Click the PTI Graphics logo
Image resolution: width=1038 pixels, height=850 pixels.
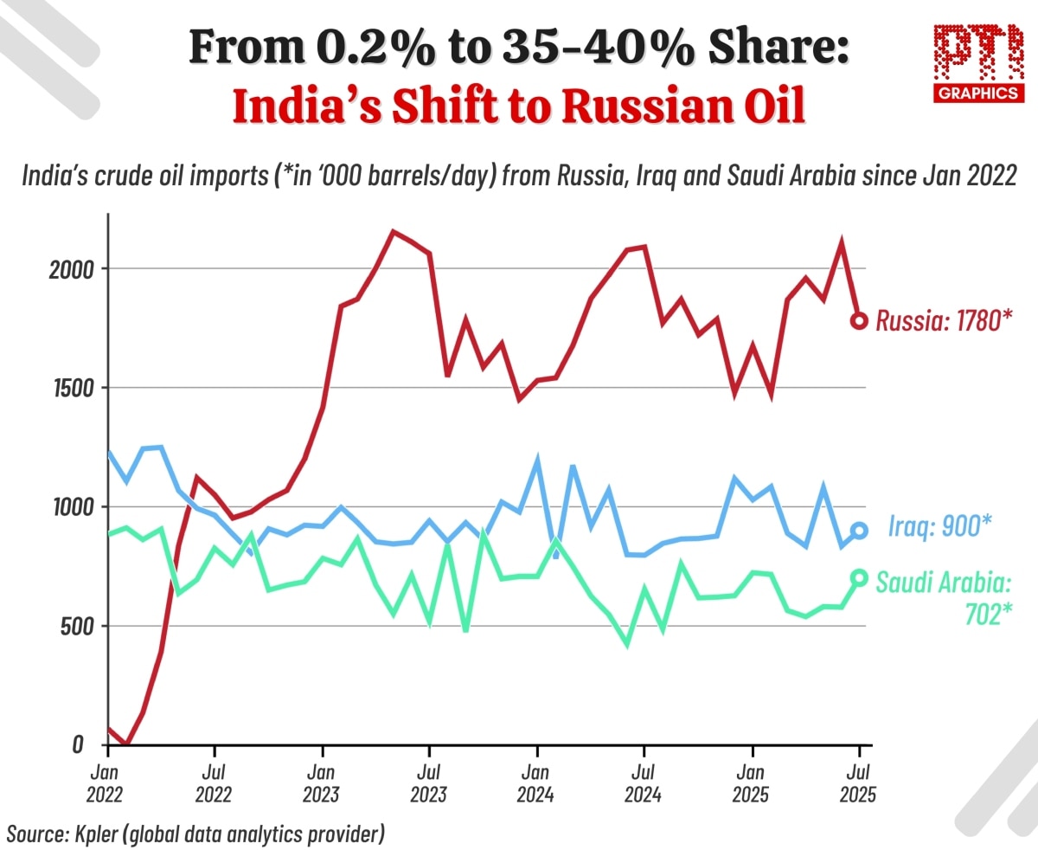pos(977,63)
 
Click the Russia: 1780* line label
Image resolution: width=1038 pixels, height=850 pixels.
pos(944,321)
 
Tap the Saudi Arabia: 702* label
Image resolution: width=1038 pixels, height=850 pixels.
pos(943,598)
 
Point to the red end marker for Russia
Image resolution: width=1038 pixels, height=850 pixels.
pos(859,320)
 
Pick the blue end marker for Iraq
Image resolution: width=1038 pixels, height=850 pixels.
pos(859,531)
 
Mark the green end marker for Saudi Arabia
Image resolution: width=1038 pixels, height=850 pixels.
pos(859,577)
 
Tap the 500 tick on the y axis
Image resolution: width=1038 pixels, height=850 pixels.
pos(71,626)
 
